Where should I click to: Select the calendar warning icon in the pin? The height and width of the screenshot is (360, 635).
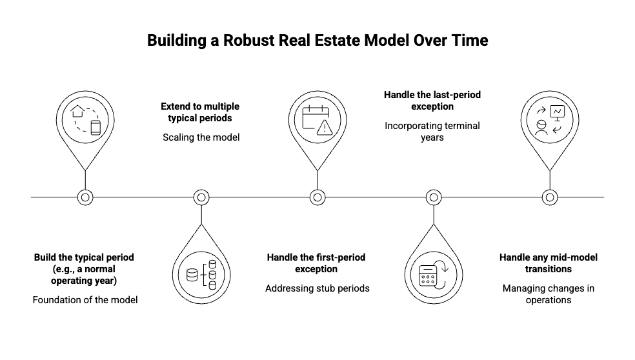click(317, 119)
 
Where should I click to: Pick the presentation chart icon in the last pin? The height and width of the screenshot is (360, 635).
click(557, 112)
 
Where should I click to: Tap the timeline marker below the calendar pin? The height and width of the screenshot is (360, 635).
click(317, 197)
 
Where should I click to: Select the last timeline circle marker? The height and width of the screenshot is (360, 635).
click(549, 197)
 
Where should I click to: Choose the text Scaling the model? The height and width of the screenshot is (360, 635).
click(201, 137)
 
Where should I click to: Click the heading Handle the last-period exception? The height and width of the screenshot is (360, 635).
click(432, 100)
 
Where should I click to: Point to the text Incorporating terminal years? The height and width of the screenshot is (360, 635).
click(432, 131)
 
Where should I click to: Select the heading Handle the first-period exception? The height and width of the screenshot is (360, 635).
click(316, 263)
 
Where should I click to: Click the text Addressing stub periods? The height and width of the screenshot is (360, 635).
click(317, 288)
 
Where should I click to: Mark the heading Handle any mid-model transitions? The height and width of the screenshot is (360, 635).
click(549, 263)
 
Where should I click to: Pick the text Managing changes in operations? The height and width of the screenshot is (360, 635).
click(549, 294)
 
